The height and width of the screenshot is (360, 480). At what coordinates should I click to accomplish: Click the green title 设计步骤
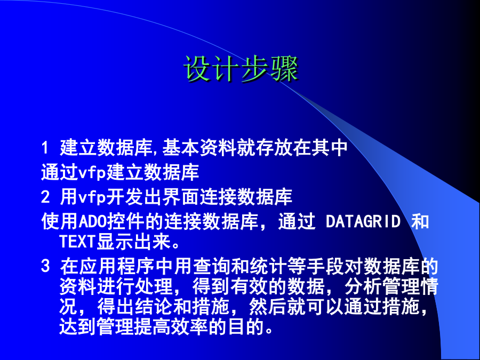tap(241, 69)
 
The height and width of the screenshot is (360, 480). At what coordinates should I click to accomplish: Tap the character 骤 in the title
tap(284, 69)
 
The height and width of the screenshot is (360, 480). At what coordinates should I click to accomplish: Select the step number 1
tap(45, 148)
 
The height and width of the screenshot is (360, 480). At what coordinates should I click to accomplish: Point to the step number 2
tap(45, 197)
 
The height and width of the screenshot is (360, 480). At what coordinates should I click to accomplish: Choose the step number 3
tap(45, 266)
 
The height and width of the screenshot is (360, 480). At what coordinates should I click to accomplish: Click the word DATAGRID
tap(363, 221)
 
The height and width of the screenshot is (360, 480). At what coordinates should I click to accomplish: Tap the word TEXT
tap(78, 241)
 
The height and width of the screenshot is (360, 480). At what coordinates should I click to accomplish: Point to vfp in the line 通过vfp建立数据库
tap(92, 173)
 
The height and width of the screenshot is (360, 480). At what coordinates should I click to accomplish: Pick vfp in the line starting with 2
tap(92, 197)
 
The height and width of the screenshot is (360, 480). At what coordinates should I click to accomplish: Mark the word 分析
tap(363, 286)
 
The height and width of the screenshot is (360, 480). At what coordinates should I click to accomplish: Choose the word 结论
tap(154, 307)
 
